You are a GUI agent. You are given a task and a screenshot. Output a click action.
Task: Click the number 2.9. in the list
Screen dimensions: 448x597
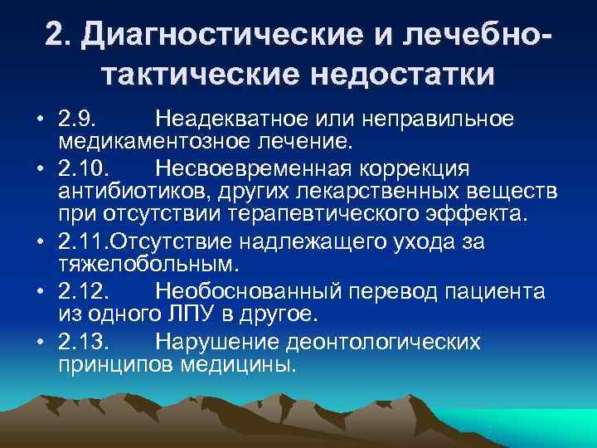[x=79, y=117]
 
